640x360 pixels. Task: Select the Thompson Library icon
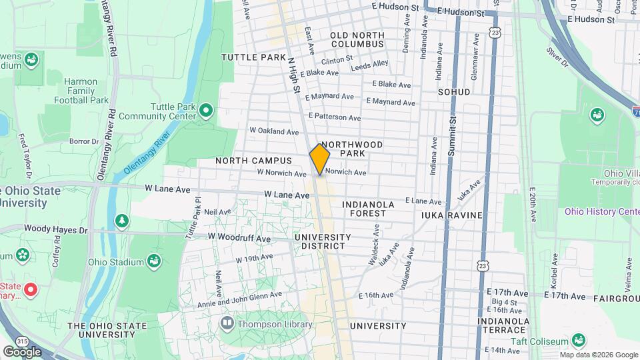point(227,324)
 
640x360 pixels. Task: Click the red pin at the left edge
point(30,289)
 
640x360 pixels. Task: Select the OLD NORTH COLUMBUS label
point(357,39)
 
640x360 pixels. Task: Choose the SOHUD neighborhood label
point(453,91)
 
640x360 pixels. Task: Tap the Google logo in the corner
point(21,351)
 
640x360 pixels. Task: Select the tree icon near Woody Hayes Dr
point(121,220)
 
